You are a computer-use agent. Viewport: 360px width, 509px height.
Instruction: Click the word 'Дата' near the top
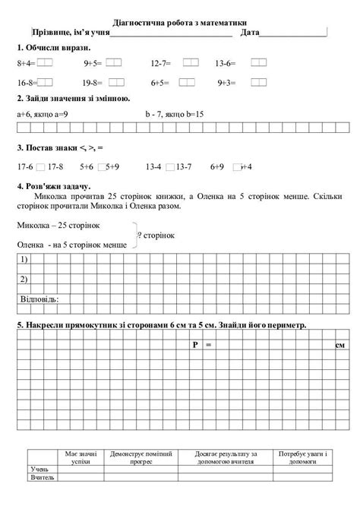[x=249, y=34]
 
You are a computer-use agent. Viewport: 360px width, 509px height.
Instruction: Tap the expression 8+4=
[x=25, y=65]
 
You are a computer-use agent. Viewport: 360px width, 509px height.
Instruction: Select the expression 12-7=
[x=161, y=65]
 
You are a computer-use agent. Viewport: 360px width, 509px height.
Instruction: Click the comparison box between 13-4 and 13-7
[x=169, y=165]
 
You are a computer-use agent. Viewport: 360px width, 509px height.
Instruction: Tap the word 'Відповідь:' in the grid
[x=37, y=299]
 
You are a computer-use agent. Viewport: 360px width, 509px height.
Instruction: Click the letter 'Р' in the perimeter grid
[x=195, y=346]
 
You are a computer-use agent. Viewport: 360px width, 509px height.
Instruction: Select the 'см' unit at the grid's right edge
[x=339, y=346]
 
